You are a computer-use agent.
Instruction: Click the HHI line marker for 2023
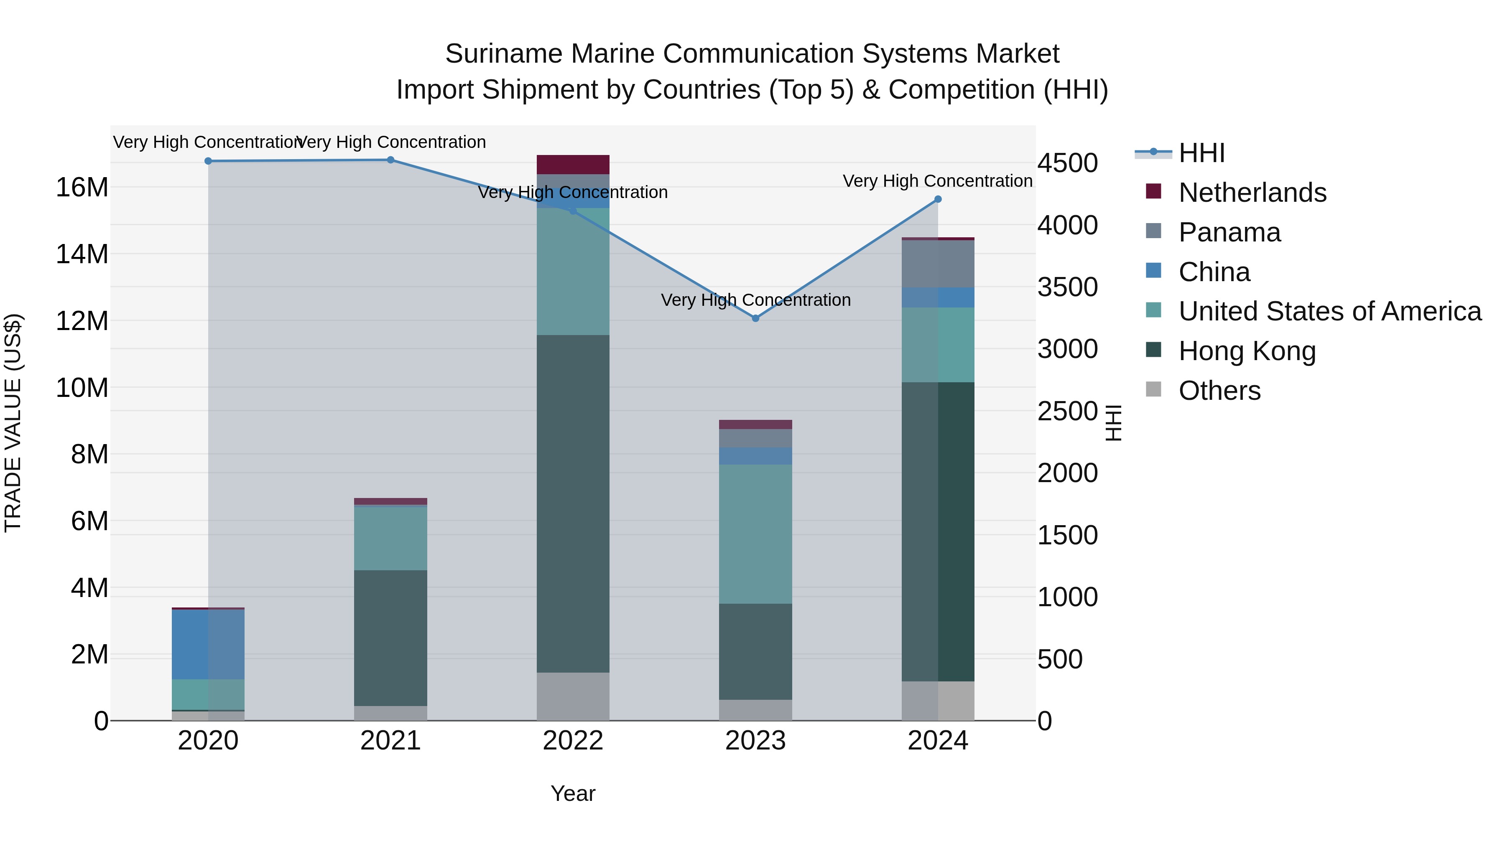click(x=755, y=318)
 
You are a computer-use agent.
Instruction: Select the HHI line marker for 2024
click(x=938, y=199)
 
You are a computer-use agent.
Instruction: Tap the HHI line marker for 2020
click(x=208, y=161)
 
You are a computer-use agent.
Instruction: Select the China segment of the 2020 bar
click(x=208, y=644)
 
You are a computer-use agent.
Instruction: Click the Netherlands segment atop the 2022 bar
click(x=573, y=165)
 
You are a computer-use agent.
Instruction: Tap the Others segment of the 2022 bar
click(x=573, y=696)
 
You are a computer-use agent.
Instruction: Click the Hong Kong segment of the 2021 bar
click(x=390, y=638)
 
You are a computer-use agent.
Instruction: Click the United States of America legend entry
click(x=1329, y=311)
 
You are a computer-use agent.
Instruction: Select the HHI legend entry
click(x=1201, y=153)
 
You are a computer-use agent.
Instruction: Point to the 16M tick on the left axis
click(x=82, y=188)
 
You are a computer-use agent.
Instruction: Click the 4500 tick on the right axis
click(x=1067, y=163)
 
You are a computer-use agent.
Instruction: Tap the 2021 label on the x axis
click(x=390, y=741)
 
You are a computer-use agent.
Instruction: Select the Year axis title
click(x=573, y=793)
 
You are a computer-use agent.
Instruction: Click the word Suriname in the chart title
click(x=503, y=54)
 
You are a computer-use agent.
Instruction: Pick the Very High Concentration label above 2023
click(x=755, y=300)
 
